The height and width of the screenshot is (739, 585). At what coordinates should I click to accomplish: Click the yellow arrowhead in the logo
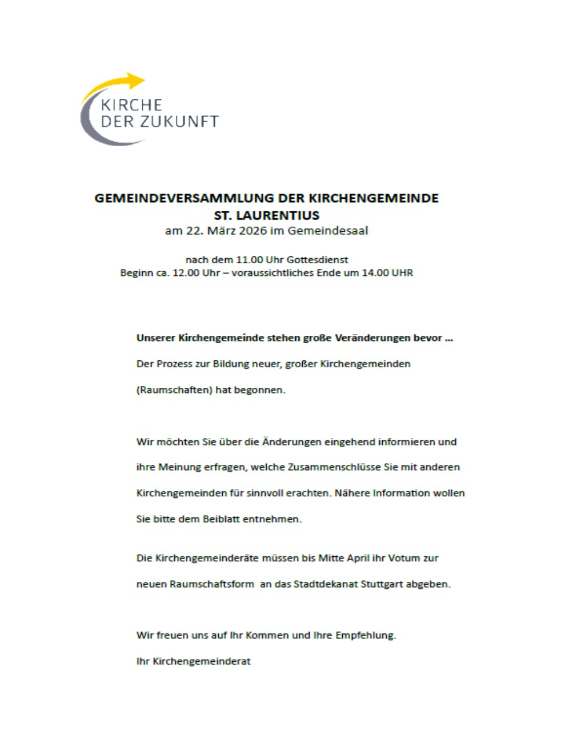click(x=136, y=81)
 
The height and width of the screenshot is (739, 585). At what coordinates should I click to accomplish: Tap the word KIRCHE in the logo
click(x=131, y=105)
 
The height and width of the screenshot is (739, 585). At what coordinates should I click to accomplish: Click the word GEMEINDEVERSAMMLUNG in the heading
click(x=184, y=198)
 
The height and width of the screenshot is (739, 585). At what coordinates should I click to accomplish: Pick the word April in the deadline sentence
click(x=358, y=558)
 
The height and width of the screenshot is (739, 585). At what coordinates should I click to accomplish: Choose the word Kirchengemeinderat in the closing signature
click(x=202, y=661)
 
